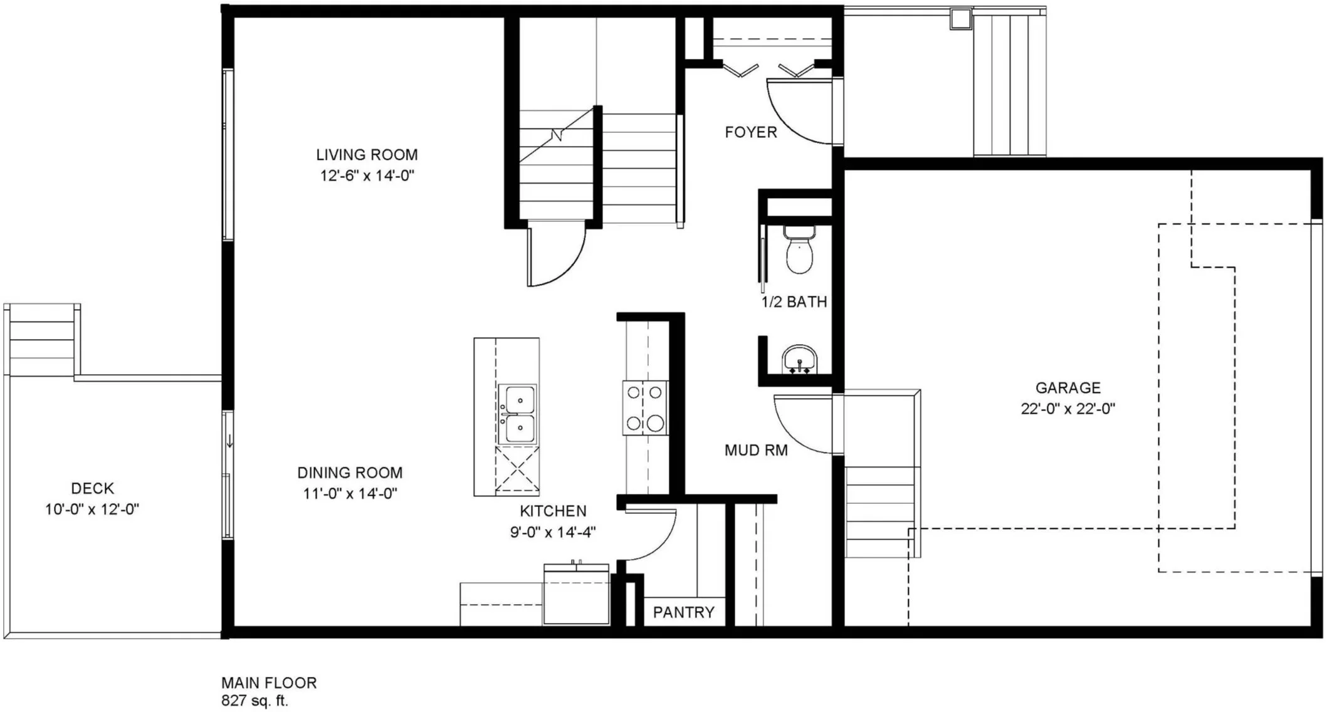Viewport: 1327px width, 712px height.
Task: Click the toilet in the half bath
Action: [799, 249]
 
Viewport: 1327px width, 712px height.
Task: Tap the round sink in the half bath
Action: [799, 359]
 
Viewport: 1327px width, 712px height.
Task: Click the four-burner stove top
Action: [645, 408]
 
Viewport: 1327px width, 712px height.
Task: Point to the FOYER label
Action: [751, 132]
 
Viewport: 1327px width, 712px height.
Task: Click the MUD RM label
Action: [756, 450]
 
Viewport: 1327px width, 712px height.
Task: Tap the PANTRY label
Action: [684, 612]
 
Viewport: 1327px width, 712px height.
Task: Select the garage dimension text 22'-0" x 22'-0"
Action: [1068, 409]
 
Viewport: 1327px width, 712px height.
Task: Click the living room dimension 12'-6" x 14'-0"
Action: [367, 176]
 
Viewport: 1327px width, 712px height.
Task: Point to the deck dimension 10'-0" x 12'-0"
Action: [92, 510]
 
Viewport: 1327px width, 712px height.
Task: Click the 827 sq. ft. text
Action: [254, 701]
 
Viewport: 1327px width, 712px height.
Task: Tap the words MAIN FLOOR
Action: [269, 683]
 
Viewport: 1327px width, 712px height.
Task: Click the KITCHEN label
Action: [553, 511]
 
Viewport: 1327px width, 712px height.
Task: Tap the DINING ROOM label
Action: [350, 473]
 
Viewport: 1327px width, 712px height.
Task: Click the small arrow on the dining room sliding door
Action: [230, 441]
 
